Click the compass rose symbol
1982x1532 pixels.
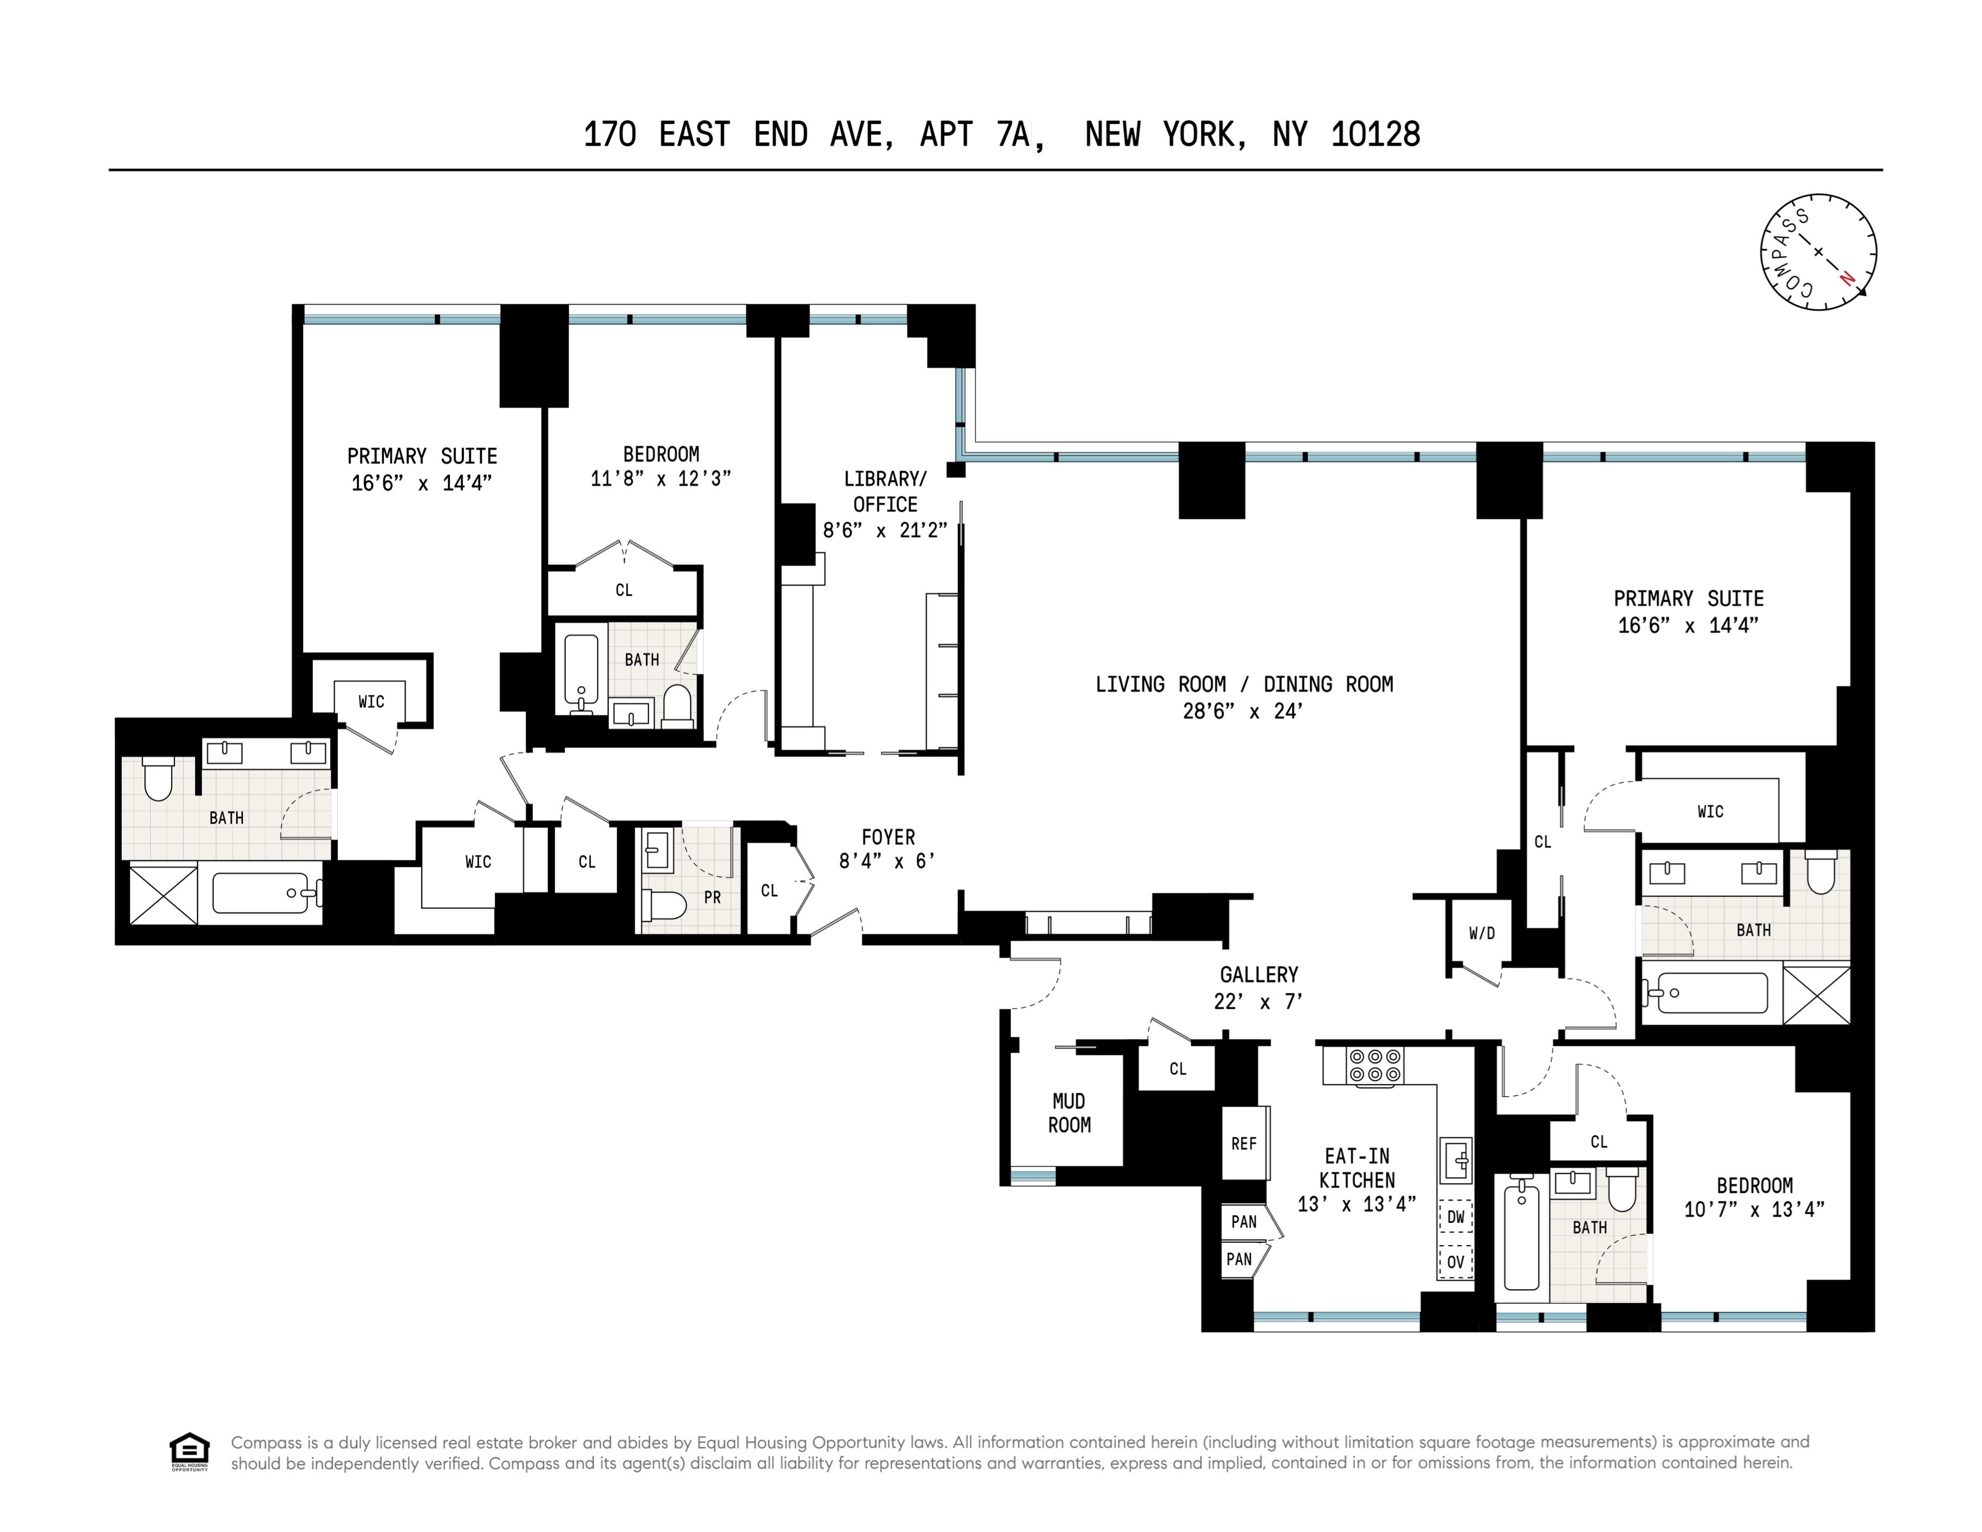coord(1819,251)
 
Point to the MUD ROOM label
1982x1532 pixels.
coord(1069,1113)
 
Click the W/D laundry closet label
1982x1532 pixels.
coord(1482,933)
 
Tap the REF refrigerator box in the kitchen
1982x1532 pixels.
coord(1244,1144)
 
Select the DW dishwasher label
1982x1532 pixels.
coord(1456,1217)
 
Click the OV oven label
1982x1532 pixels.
coord(1456,1262)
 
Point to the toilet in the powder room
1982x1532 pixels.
coord(663,904)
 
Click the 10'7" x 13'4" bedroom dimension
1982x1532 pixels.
coord(1754,1210)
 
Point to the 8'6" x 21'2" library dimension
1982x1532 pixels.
coord(885,530)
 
